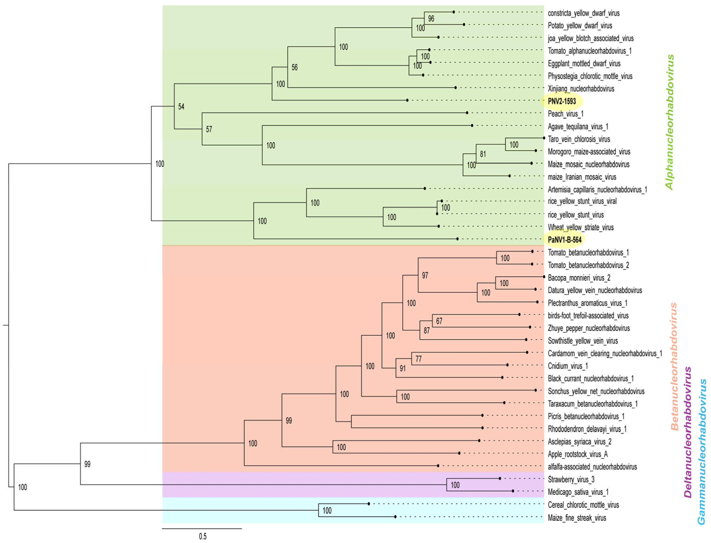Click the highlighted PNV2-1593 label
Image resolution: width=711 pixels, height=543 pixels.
click(562, 101)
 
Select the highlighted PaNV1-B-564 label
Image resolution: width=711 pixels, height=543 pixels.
click(564, 240)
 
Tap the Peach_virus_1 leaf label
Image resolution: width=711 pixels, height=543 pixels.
click(566, 114)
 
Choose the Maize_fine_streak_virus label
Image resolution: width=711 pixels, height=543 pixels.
click(577, 518)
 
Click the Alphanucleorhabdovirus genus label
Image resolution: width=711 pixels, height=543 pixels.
click(669, 122)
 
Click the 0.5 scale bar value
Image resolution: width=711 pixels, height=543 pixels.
click(202, 536)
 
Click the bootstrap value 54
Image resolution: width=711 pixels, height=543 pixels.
click(181, 107)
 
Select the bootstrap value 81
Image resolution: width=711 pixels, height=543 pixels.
click(483, 154)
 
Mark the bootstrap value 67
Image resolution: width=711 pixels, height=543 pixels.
click(439, 321)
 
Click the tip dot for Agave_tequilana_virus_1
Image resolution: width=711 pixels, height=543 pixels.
click(472, 125)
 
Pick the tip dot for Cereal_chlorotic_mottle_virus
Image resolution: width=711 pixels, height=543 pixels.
click(368, 503)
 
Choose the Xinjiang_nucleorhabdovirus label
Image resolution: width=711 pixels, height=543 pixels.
click(581, 89)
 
